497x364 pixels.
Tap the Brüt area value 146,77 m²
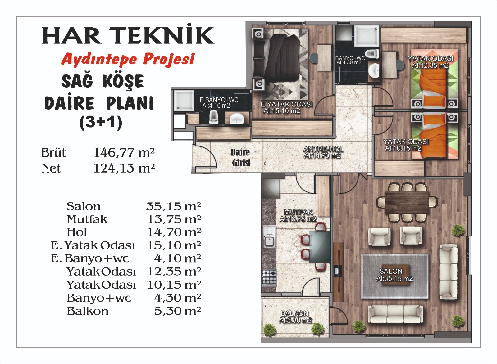[x=124, y=153]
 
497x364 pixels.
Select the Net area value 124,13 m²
[x=124, y=168]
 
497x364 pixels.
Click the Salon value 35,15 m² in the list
[x=174, y=206]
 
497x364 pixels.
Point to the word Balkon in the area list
[x=88, y=311]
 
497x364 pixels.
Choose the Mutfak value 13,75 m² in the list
[x=174, y=219]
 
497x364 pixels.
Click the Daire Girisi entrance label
[x=240, y=157]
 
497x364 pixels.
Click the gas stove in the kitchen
[x=269, y=277]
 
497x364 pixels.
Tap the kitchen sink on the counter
[x=269, y=236]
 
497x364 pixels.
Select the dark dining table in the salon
[x=407, y=203]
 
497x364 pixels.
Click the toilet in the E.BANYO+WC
[x=214, y=116]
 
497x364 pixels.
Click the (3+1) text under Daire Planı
[x=101, y=123]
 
